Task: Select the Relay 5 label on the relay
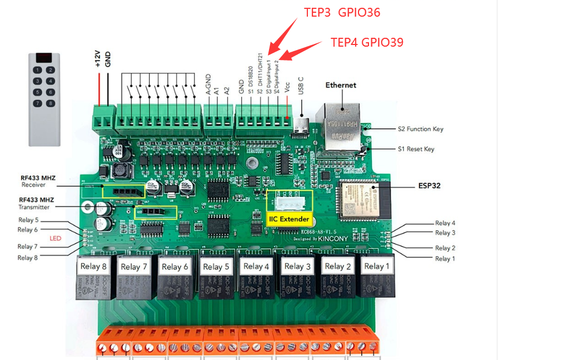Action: point(216,267)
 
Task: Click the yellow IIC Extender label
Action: point(289,219)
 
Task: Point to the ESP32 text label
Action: point(429,186)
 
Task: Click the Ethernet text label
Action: point(341,86)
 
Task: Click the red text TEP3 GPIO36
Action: point(342,12)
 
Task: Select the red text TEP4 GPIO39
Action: point(367,42)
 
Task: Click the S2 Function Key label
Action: point(420,129)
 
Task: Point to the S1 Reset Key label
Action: point(416,149)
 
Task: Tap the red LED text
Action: point(55,238)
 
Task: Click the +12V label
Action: point(97,59)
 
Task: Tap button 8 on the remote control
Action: point(51,103)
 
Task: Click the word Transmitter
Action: point(34,207)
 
